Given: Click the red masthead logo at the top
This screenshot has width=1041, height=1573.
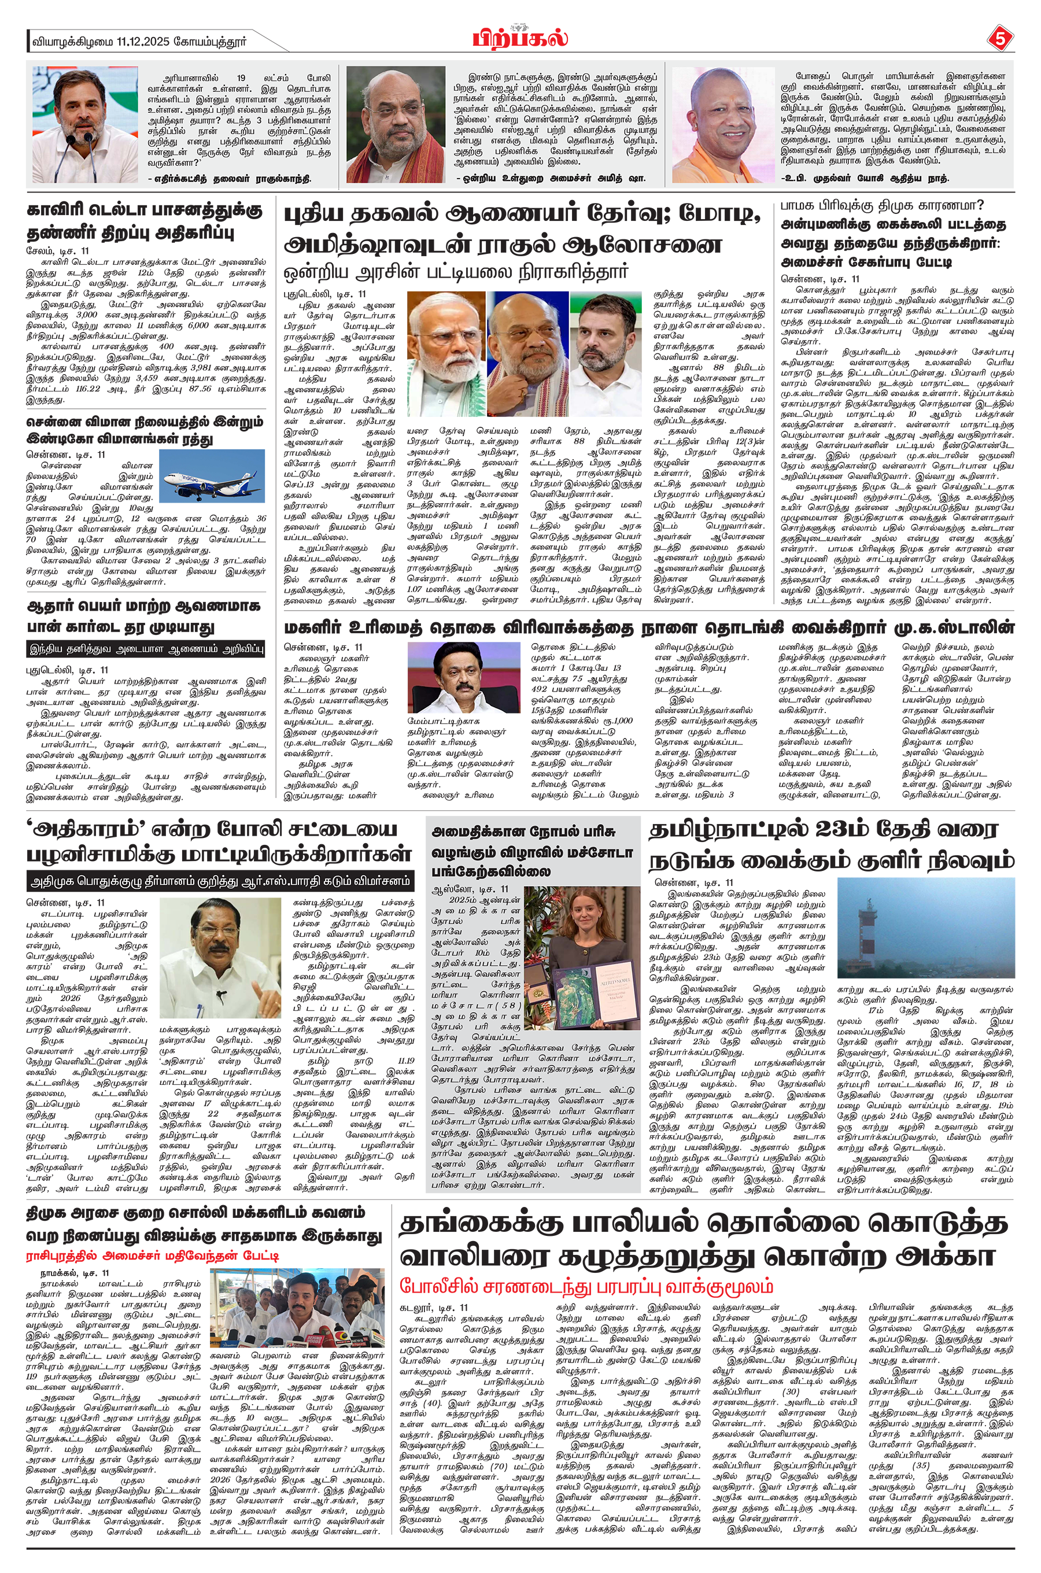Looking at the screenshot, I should (520, 39).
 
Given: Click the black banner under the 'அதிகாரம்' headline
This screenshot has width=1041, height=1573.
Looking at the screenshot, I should (219, 882).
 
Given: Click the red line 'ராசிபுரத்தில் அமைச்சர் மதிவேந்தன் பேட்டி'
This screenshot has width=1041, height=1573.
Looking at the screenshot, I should (153, 1256).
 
